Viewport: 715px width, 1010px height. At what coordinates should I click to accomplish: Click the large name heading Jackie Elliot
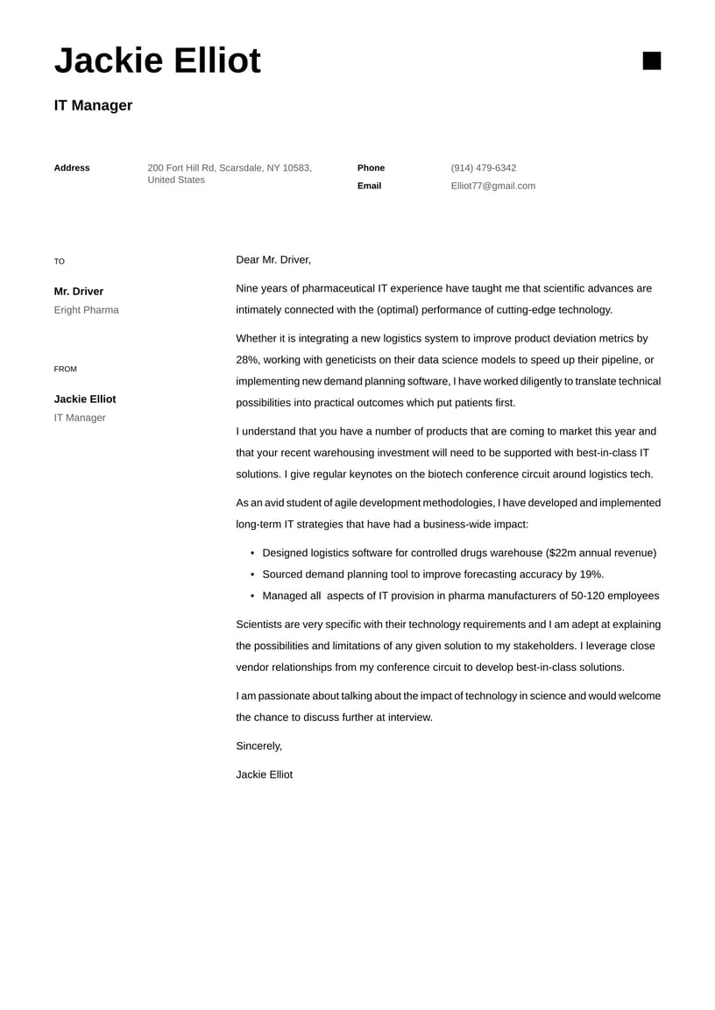tap(158, 61)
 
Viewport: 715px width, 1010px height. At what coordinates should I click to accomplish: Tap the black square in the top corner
tap(651, 60)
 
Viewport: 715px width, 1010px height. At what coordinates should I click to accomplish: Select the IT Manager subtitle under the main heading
tap(93, 106)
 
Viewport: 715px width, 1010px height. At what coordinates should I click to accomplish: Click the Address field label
tap(72, 168)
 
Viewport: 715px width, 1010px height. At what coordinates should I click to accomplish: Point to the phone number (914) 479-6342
tap(483, 168)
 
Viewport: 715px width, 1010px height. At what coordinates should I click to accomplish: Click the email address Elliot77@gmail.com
tap(492, 186)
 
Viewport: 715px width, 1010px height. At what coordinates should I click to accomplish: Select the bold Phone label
tap(371, 168)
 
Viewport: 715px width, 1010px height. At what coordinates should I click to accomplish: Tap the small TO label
tap(60, 262)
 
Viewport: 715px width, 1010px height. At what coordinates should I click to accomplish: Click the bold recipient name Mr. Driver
tap(79, 292)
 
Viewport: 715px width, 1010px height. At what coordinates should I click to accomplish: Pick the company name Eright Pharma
tap(86, 310)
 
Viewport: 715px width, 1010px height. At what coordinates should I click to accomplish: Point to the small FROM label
tap(66, 370)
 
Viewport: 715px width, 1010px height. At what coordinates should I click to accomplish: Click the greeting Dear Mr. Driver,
tap(273, 260)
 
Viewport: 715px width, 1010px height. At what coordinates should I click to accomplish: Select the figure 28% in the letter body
tap(246, 360)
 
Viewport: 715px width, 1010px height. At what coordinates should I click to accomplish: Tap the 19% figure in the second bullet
tap(591, 575)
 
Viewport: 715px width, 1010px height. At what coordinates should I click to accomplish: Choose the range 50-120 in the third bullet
tap(589, 597)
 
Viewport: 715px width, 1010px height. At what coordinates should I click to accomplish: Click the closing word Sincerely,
tap(259, 746)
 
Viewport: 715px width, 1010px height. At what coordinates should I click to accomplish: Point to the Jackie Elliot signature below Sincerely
tap(264, 775)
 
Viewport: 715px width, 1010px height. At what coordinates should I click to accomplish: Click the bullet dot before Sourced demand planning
tap(252, 575)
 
